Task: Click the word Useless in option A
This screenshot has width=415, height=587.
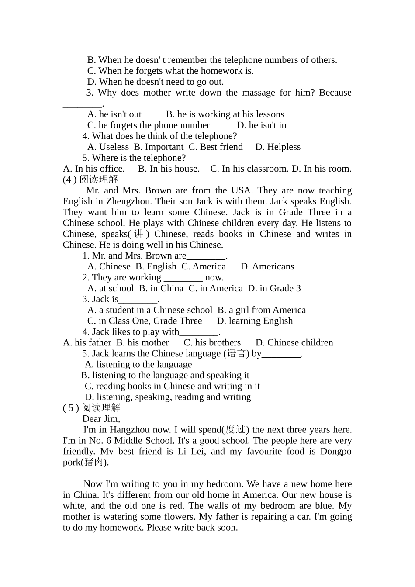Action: (x=114, y=147)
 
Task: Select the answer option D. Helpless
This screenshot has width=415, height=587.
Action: (x=278, y=147)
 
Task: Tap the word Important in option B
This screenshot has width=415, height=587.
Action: (x=164, y=147)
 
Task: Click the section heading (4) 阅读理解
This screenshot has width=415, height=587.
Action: (x=90, y=180)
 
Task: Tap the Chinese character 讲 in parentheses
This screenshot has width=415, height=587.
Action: (x=139, y=234)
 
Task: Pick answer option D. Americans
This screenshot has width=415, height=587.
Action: (x=267, y=267)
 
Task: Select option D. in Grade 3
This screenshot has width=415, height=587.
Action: (x=274, y=289)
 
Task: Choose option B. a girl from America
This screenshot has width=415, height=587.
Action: (x=262, y=311)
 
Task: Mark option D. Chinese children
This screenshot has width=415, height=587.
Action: (x=294, y=343)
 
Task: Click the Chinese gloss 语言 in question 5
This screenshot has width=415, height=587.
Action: (x=236, y=354)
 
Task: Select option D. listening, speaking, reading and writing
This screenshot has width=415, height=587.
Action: (x=168, y=397)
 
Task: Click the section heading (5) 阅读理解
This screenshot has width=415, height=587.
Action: (x=92, y=408)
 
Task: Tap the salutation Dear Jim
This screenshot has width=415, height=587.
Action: (x=101, y=419)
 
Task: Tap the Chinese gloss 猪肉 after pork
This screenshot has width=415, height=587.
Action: (x=95, y=463)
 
